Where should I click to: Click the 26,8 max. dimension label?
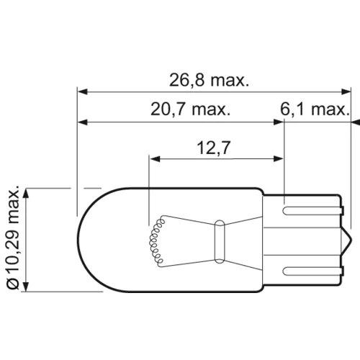209,80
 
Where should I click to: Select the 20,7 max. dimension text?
190,109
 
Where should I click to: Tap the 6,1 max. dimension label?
315,109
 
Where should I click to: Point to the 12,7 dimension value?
213,148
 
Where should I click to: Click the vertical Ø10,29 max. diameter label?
13,238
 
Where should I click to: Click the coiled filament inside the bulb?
156,240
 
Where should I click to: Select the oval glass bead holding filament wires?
220,241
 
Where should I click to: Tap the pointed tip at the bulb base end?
352,240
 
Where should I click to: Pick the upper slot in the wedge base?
312,211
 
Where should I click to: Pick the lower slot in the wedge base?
312,271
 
